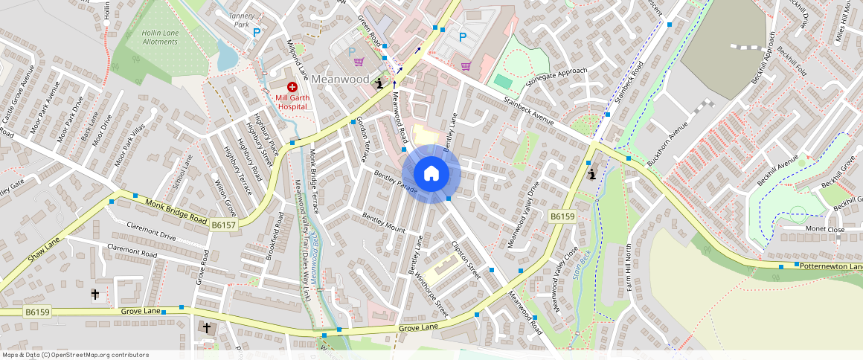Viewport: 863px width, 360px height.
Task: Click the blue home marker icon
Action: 431,174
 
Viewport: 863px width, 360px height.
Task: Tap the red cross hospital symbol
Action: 292,88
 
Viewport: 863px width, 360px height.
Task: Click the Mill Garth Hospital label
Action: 292,102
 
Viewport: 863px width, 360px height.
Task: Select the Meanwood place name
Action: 341,79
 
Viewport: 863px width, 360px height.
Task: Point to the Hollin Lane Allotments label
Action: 152,37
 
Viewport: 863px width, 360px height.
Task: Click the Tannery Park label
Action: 243,19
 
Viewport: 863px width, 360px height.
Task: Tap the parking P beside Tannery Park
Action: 257,33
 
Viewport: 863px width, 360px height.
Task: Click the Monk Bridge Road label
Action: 176,211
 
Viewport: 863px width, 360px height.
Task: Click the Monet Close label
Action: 825,230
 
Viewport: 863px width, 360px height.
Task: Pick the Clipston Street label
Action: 466,257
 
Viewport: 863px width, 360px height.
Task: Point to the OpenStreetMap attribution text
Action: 75,355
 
